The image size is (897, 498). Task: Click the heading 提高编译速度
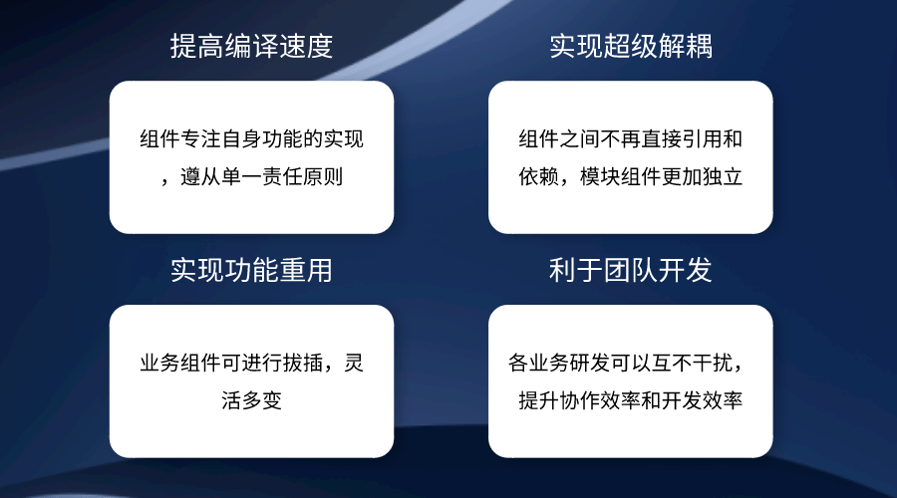251,46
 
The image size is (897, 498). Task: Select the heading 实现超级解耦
631,46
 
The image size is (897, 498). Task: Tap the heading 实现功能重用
251,270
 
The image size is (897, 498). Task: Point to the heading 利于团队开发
631,270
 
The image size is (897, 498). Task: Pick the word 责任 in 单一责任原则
282,176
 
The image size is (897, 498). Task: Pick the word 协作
579,400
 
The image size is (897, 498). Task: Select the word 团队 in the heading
631,270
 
